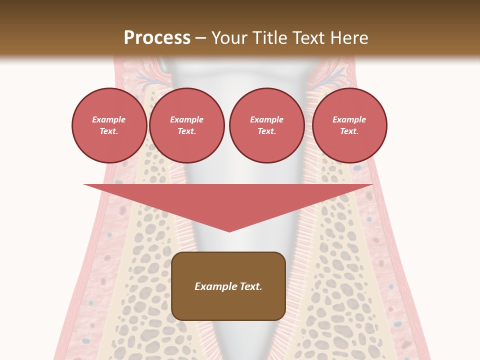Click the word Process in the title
click(x=157, y=37)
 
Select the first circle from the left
click(x=109, y=125)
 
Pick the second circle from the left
click(x=186, y=125)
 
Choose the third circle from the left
click(x=266, y=125)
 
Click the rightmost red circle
click(x=349, y=125)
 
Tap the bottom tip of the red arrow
click(x=229, y=231)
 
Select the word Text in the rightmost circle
click(x=349, y=131)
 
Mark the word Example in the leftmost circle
click(x=109, y=119)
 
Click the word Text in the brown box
click(x=250, y=286)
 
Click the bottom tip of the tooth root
click(x=229, y=356)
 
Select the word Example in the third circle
click(x=266, y=119)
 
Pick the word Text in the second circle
click(x=186, y=131)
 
